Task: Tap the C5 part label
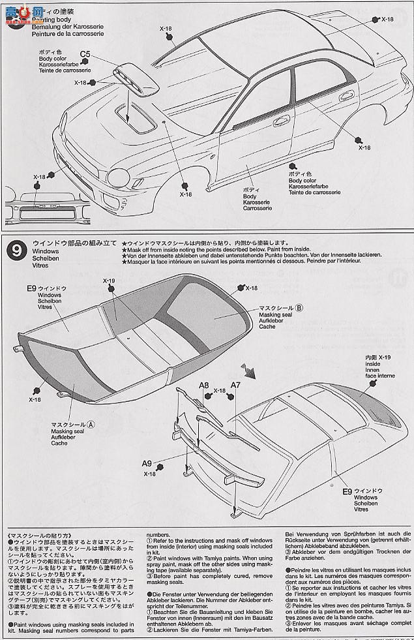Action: click(85, 54)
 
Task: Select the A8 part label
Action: click(203, 386)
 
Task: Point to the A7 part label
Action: click(235, 386)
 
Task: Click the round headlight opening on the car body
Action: click(121, 177)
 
